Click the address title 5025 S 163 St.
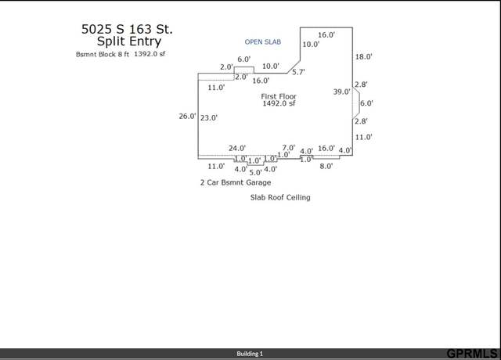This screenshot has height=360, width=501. pyautogui.click(x=127, y=29)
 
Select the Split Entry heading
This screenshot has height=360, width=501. pyautogui.click(x=129, y=41)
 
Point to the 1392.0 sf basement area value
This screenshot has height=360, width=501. pyautogui.click(x=150, y=54)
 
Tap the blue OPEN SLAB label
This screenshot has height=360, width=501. pyautogui.click(x=263, y=41)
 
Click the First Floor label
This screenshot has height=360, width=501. pyautogui.click(x=279, y=96)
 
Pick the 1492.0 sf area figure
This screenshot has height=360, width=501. pyautogui.click(x=279, y=103)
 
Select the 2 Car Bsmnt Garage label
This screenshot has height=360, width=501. pyautogui.click(x=236, y=182)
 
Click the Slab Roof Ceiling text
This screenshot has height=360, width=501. pyautogui.click(x=280, y=197)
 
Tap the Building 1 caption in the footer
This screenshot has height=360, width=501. pyautogui.click(x=250, y=354)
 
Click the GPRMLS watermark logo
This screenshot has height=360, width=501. pyautogui.click(x=472, y=354)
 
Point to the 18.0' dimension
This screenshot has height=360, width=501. pyautogui.click(x=363, y=56)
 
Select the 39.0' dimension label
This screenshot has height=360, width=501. pyautogui.click(x=341, y=92)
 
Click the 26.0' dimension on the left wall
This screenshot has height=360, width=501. pyautogui.click(x=187, y=116)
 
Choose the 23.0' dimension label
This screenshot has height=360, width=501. pyautogui.click(x=209, y=117)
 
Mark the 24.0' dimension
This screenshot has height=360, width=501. pyautogui.click(x=237, y=148)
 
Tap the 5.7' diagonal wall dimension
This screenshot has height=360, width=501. pyautogui.click(x=298, y=72)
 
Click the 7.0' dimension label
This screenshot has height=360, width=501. pyautogui.click(x=289, y=148)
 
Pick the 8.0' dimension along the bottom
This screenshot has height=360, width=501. pyautogui.click(x=326, y=166)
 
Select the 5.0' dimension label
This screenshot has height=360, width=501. pyautogui.click(x=256, y=172)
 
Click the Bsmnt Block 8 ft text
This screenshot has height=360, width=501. pyautogui.click(x=103, y=54)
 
